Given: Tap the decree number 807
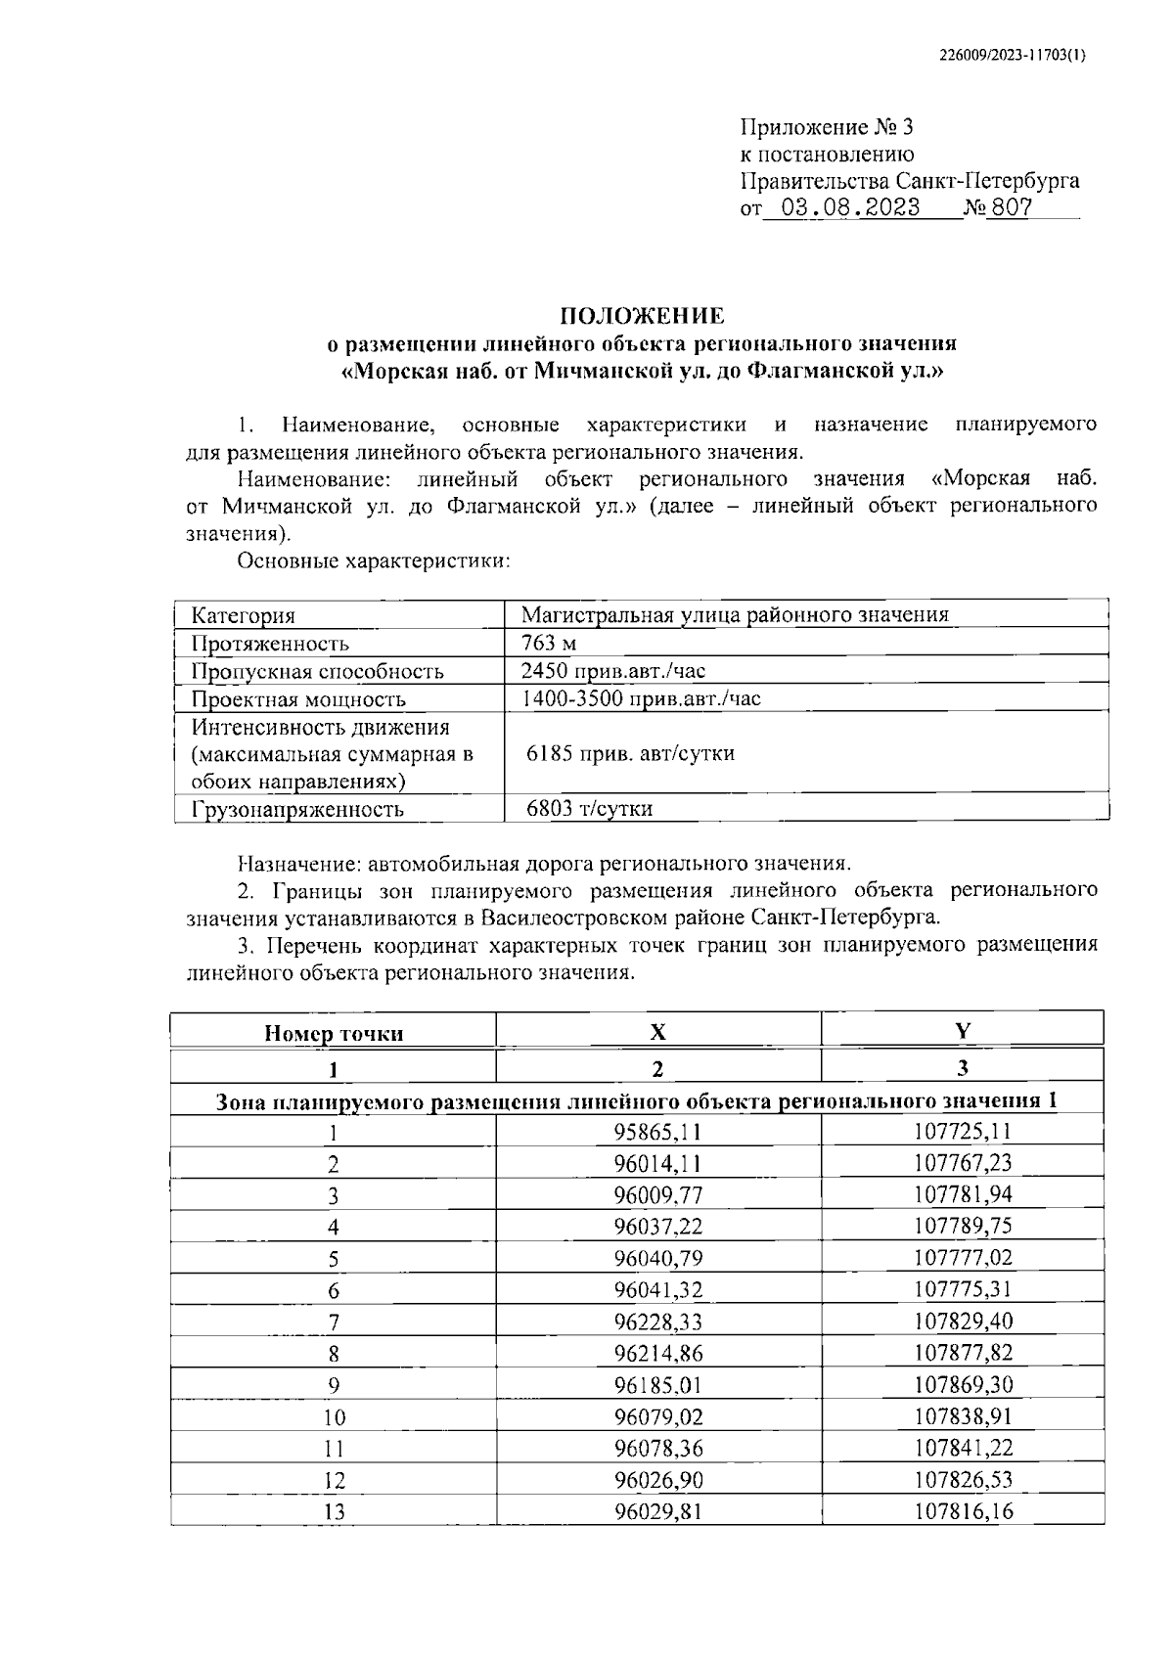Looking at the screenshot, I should tap(1011, 208).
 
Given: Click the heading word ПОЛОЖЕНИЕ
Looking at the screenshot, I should tap(642, 316).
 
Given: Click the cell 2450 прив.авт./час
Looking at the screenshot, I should tap(612, 671).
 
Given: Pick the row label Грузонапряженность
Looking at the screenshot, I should tap(297, 809).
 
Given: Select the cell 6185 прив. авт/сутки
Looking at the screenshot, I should tap(630, 753).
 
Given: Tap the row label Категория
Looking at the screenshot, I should tap(243, 615).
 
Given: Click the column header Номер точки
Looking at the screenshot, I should tap(334, 1033).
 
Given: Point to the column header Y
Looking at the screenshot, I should tap(963, 1030).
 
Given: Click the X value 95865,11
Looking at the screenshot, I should tap(657, 1132).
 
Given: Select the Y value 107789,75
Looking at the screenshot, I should tap(963, 1227).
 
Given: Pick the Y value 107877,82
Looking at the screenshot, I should tap(963, 1353).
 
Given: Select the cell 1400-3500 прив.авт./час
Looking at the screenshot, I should tap(640, 698).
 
